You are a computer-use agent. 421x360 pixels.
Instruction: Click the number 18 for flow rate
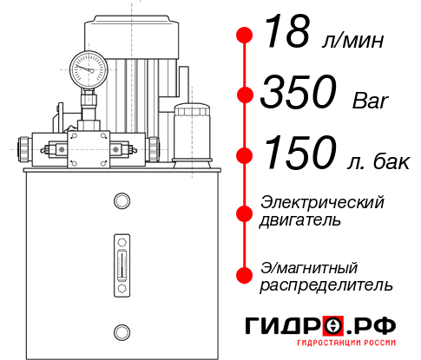coord(287,31)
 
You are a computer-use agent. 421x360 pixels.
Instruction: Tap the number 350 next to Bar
coord(299,91)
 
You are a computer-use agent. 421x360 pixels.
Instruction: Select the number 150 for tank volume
coord(300,153)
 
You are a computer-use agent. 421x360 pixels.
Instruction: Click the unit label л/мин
coord(353,42)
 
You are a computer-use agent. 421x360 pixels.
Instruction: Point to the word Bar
coord(370,101)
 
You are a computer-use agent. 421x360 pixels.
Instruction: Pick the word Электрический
coord(322,203)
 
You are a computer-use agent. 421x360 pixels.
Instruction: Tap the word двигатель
coord(300,220)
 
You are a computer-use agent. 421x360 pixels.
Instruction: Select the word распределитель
coord(326,285)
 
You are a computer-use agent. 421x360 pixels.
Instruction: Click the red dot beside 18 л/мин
coord(245,36)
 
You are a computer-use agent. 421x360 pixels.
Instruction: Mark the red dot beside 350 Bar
coord(245,95)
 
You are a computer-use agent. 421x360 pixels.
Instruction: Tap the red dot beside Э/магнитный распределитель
coord(245,275)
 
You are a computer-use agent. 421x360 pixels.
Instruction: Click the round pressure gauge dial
coord(89,69)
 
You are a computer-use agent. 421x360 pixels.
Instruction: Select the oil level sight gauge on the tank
coord(122,265)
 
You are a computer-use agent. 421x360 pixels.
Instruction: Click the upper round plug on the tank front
coord(122,200)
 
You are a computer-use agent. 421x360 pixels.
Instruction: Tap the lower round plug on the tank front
coord(122,332)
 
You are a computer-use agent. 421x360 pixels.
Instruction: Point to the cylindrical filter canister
coord(192,135)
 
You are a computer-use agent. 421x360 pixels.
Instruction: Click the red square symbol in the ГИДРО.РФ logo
coord(333,325)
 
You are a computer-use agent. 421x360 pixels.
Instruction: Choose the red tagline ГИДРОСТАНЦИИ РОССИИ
coord(346,343)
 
